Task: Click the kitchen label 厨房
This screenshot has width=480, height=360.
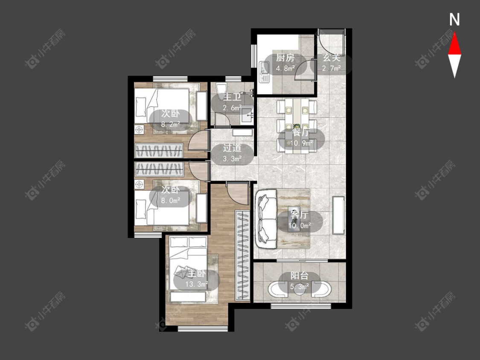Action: click(x=285, y=58)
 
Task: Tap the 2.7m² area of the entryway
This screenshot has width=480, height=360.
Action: click(x=331, y=68)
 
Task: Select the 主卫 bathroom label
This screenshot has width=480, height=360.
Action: click(x=232, y=97)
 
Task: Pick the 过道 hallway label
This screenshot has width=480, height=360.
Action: click(x=232, y=148)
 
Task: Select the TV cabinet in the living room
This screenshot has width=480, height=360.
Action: click(x=339, y=215)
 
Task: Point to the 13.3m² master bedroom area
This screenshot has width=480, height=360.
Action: click(x=197, y=285)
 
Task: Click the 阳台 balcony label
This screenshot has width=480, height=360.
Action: click(x=299, y=276)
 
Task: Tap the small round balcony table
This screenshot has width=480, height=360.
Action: click(x=300, y=290)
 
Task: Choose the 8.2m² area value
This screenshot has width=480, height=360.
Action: click(x=171, y=124)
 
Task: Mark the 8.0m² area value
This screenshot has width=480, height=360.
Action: click(x=171, y=200)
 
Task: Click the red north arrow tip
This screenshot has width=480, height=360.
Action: click(x=454, y=33)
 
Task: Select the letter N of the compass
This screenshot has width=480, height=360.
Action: click(x=454, y=20)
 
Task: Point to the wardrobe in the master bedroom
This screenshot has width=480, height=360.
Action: click(x=242, y=255)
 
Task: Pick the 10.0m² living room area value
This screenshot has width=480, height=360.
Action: click(x=300, y=226)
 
